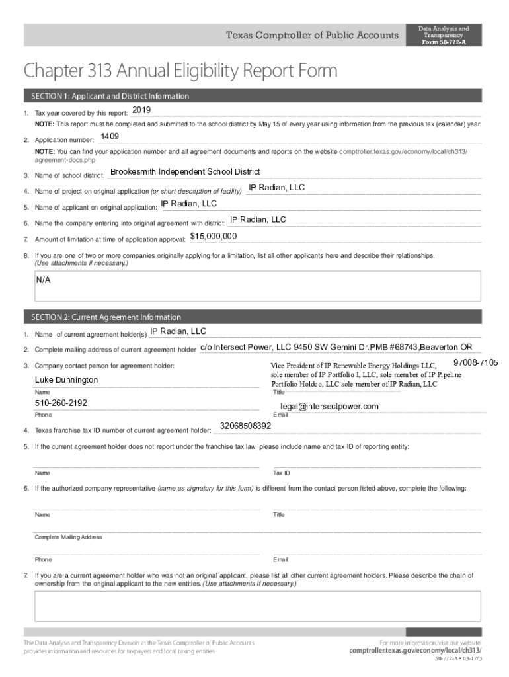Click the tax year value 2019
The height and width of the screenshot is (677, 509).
(142, 110)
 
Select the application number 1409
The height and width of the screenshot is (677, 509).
(110, 136)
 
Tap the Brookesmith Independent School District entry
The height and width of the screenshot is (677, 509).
(185, 172)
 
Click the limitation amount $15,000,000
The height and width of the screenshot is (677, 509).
(214, 236)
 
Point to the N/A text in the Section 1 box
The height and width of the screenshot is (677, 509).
(44, 280)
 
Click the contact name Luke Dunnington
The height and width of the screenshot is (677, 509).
(66, 380)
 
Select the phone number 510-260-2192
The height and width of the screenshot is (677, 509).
(61, 403)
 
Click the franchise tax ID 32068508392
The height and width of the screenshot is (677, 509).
(245, 426)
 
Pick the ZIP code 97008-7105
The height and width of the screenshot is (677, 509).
(475, 363)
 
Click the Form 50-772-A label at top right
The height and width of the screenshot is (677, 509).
(443, 42)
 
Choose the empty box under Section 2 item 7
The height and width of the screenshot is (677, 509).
(258, 607)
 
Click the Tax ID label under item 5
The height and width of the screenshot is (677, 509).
(282, 473)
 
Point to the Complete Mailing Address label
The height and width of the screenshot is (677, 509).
(69, 537)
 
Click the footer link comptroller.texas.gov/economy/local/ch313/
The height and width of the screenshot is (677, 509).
(415, 651)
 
